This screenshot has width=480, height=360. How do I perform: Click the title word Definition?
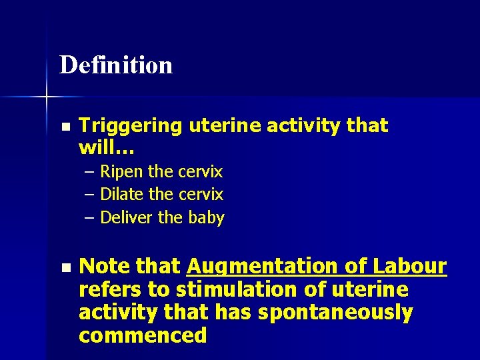[116, 65]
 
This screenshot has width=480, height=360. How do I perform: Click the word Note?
[104, 267]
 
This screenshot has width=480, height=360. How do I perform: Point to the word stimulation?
[230, 290]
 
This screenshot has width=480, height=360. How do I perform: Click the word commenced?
[143, 335]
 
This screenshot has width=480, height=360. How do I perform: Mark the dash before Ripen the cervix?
[90, 172]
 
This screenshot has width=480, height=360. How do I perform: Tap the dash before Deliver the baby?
[90, 217]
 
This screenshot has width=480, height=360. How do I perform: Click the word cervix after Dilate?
[201, 195]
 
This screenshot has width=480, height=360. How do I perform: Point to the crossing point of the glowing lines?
[47, 97]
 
